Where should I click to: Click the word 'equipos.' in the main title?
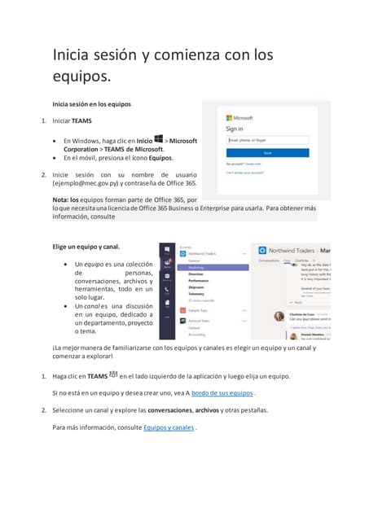pyautogui.click(x=81, y=77)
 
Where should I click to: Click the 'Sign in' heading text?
pyautogui.click(x=235, y=128)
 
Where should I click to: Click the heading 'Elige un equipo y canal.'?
pyautogui.click(x=86, y=246)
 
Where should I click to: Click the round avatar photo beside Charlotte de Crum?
pyautogui.click(x=279, y=317)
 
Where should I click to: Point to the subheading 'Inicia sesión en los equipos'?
pyautogui.click(x=91, y=104)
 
